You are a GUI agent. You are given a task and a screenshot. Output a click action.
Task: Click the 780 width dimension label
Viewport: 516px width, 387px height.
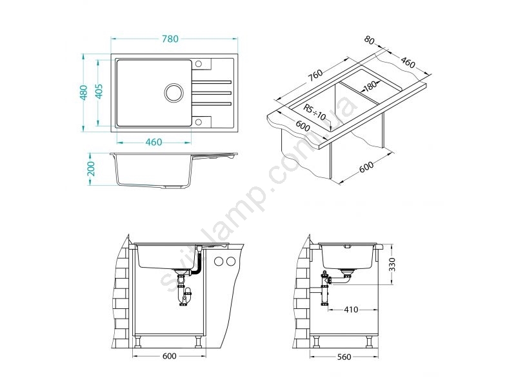170,39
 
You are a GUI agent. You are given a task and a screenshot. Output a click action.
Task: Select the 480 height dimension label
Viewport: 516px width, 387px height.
84,92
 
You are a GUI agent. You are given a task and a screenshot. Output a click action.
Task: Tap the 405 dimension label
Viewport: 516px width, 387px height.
99,91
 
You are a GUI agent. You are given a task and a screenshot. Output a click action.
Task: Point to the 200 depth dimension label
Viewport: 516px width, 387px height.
91,169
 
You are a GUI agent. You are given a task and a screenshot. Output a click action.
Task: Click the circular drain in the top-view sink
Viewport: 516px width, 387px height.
174,92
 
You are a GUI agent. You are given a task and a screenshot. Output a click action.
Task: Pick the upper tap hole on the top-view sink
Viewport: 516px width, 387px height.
199,64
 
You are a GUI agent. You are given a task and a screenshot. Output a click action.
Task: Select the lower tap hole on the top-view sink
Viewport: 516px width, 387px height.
199,122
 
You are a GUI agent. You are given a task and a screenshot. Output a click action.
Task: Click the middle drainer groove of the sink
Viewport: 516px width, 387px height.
211,93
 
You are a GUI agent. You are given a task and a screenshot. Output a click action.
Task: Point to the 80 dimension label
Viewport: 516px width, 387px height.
370,40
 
